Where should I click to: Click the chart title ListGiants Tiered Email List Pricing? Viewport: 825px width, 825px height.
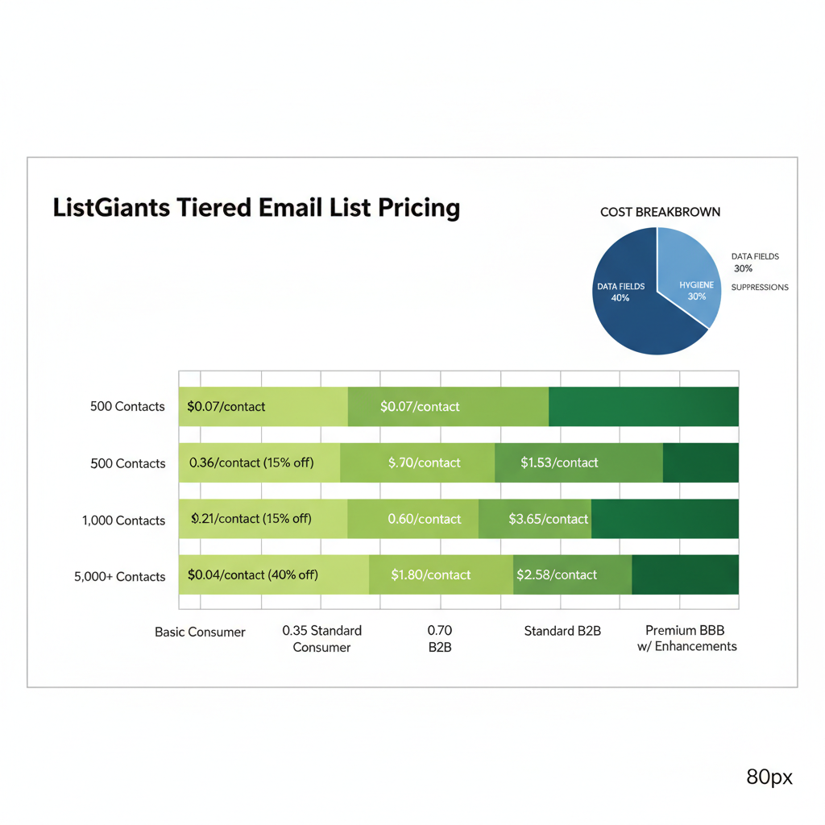(x=256, y=208)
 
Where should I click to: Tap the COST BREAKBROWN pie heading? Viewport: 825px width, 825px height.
(x=660, y=212)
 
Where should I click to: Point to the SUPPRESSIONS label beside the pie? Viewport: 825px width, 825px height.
(x=759, y=288)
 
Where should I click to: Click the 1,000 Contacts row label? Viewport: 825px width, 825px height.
(x=123, y=520)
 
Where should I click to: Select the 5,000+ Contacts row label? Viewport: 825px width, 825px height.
(x=119, y=577)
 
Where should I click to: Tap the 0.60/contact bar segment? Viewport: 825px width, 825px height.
(x=412, y=520)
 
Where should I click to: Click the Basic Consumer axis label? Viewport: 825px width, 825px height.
(x=200, y=632)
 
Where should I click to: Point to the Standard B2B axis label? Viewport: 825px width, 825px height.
(x=562, y=631)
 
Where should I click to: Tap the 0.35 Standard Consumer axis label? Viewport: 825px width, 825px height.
(x=321, y=639)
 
